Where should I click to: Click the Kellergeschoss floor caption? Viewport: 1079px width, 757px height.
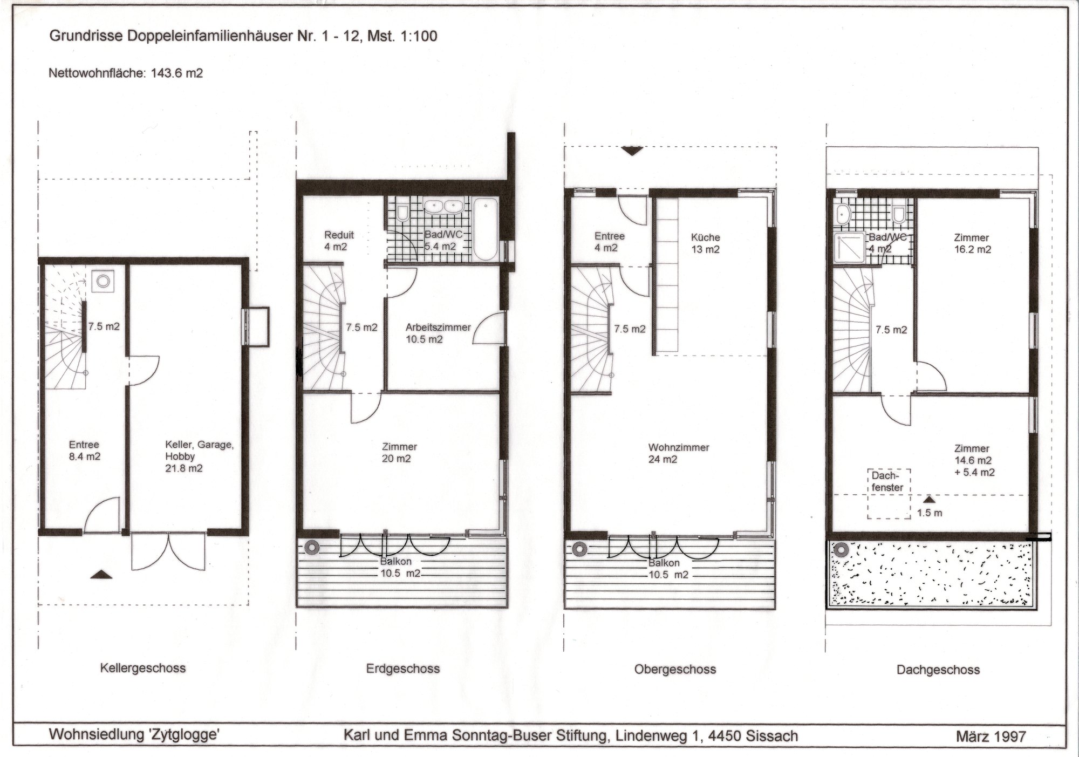(143, 669)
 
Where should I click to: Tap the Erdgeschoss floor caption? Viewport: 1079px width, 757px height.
(403, 669)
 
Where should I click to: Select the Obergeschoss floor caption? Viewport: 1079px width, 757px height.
(675, 670)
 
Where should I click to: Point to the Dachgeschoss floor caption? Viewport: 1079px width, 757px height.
(938, 670)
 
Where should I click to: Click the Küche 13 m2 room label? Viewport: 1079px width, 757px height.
(705, 243)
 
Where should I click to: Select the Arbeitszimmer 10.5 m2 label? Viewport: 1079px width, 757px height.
(438, 333)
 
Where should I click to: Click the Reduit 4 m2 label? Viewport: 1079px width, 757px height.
(339, 241)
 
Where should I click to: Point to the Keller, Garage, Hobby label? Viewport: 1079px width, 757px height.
(199, 456)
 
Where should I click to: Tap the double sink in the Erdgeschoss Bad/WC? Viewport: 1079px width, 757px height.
(442, 206)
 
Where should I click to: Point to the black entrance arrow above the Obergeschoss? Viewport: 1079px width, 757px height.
(632, 151)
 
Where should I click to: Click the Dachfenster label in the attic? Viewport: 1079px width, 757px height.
(887, 481)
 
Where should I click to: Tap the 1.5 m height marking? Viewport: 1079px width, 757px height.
(929, 513)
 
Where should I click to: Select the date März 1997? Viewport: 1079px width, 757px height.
(991, 736)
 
